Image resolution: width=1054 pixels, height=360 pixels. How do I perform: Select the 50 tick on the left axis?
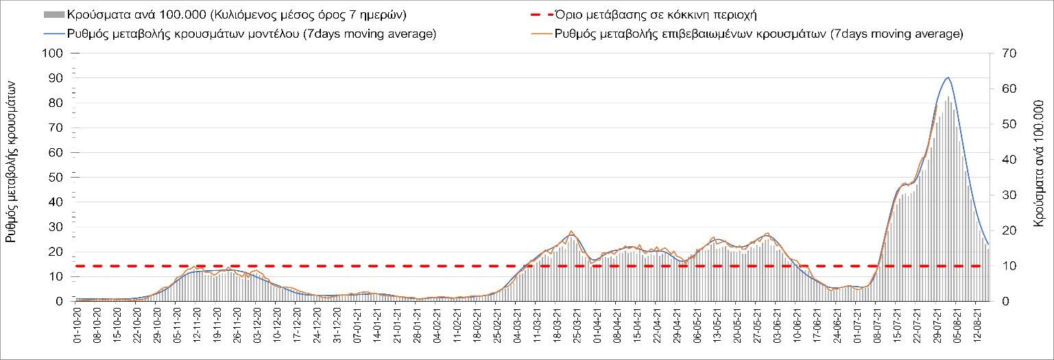(x=58, y=178)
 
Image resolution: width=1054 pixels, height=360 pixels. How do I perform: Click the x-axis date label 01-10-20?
(x=77, y=329)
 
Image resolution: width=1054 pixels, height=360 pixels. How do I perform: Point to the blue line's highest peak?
(x=948, y=77)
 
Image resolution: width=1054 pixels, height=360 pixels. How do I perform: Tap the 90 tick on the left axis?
(x=58, y=78)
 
